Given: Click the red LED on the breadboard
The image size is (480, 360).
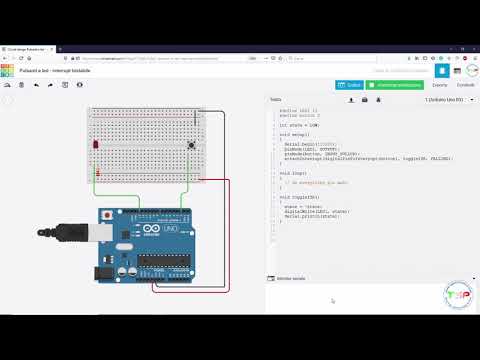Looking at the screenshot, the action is tap(96, 146).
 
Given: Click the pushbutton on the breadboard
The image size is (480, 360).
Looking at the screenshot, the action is tap(191, 145).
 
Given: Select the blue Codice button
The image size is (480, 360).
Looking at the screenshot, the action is tap(352, 85).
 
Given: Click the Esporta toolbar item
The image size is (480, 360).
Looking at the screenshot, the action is tap(440, 85).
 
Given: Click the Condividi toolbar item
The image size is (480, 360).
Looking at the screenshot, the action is tap(466, 85).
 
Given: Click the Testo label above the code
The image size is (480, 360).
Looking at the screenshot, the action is tap(275, 100).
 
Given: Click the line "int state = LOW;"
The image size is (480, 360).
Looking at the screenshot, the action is tap(299, 125).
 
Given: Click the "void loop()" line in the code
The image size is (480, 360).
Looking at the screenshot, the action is tap(292, 173).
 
